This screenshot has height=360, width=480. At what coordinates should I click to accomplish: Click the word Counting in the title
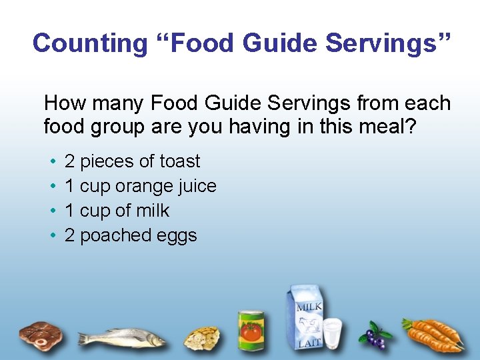click(x=89, y=43)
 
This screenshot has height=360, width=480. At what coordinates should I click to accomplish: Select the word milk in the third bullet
click(x=153, y=211)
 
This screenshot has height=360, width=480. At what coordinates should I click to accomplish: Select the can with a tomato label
click(x=251, y=330)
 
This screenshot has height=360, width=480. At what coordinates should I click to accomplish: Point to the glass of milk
click(x=332, y=333)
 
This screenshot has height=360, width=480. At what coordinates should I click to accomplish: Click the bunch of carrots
click(x=435, y=334)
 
